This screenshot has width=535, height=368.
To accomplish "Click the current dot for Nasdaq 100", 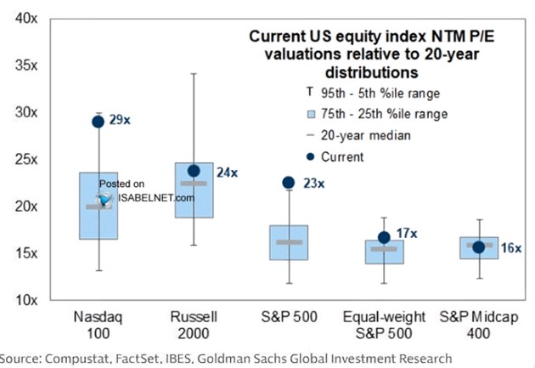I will [98, 122].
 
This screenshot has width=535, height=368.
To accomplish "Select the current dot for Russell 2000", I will [194, 171].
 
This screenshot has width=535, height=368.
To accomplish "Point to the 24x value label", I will [227, 172].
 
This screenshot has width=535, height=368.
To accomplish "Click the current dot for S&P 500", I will [289, 182].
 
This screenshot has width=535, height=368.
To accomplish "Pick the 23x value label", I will [313, 183].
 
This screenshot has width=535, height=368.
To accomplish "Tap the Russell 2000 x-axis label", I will [194, 326].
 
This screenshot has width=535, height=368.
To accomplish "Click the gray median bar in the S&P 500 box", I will [289, 242].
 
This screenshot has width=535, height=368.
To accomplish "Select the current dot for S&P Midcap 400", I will [478, 247].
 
